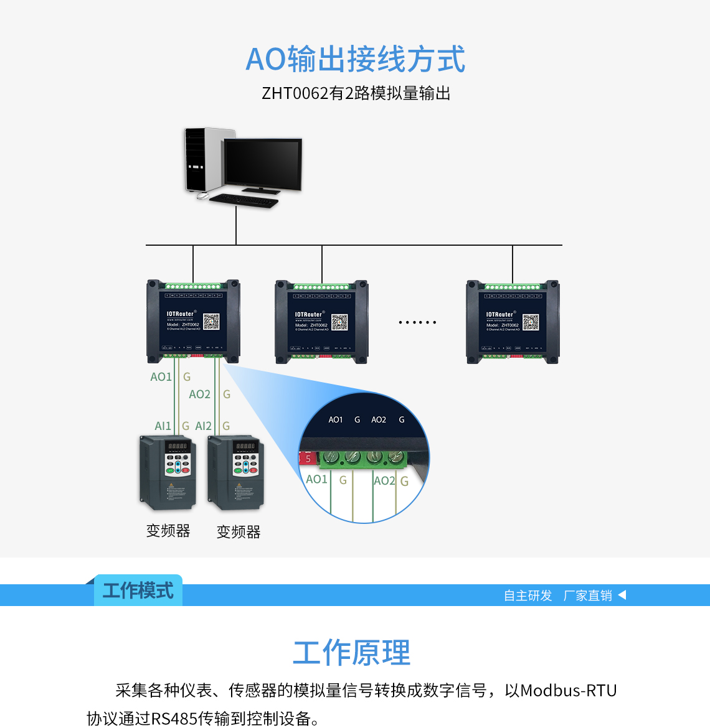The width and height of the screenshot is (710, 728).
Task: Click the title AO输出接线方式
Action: click(x=355, y=60)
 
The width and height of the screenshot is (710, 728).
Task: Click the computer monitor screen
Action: click(x=262, y=163)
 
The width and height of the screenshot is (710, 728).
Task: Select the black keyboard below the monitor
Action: click(x=244, y=200)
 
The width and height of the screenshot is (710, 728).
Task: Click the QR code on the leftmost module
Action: click(x=211, y=321)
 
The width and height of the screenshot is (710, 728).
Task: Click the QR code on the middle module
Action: click(x=339, y=322)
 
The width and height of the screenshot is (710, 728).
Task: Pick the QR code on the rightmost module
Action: click(x=531, y=322)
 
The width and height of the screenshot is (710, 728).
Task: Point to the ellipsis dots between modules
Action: click(x=417, y=322)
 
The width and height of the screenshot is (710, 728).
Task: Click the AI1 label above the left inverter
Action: click(x=163, y=426)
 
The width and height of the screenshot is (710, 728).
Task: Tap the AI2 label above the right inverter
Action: click(x=203, y=426)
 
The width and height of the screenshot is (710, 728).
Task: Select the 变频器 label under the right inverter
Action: click(x=239, y=532)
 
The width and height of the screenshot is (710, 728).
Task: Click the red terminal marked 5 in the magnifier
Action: click(x=308, y=459)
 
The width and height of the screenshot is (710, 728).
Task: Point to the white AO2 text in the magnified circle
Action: click(x=379, y=420)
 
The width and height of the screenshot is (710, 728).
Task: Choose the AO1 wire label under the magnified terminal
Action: click(x=316, y=479)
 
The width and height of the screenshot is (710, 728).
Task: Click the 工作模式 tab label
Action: click(x=138, y=590)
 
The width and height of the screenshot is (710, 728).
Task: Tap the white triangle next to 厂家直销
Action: click(x=622, y=595)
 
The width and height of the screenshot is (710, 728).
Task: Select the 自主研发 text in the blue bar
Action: click(x=528, y=595)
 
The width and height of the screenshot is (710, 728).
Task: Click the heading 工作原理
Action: click(x=352, y=653)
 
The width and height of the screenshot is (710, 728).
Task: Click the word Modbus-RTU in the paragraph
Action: click(x=568, y=691)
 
